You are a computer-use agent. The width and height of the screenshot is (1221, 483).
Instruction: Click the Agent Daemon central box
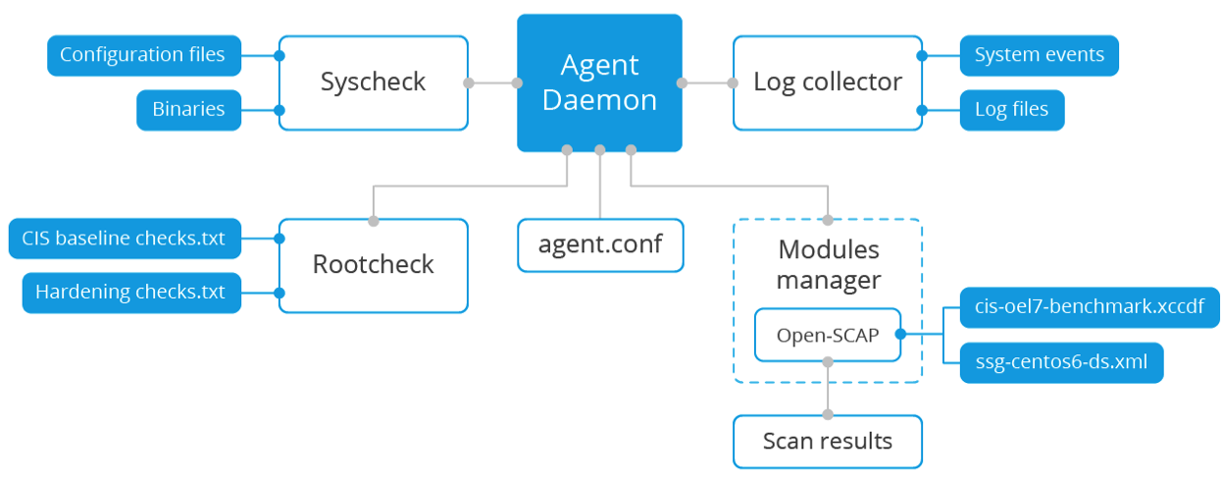tap(599, 83)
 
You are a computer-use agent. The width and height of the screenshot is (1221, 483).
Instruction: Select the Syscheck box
tap(373, 82)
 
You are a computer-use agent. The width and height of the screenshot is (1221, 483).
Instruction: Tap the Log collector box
tap(827, 82)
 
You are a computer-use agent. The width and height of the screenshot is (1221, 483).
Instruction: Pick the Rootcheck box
tap(373, 265)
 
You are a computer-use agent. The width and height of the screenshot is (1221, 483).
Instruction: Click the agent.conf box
tap(599, 244)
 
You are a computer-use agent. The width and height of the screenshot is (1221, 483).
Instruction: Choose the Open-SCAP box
tap(827, 335)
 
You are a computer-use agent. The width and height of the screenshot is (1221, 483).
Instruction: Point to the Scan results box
tap(827, 441)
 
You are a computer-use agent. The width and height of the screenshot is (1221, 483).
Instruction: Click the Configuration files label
tap(142, 55)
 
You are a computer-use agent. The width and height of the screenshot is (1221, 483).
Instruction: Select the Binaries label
tap(188, 109)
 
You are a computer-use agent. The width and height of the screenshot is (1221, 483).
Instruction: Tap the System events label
tap(1039, 55)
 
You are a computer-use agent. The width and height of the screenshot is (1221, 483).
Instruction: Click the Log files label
tap(1011, 109)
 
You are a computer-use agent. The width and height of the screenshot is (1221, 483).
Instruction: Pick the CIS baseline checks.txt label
tap(125, 239)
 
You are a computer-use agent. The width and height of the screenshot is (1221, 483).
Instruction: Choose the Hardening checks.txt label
tap(130, 293)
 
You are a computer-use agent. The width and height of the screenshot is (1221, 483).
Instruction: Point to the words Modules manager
tap(828, 265)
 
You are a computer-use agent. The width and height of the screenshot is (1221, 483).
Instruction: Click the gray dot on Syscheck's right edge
tap(469, 83)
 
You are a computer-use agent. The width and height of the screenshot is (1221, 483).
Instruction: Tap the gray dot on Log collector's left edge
tap(733, 83)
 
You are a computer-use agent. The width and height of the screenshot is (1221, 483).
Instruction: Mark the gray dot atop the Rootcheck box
tap(373, 219)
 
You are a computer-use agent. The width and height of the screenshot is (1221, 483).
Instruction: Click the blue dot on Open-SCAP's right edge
tap(901, 335)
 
